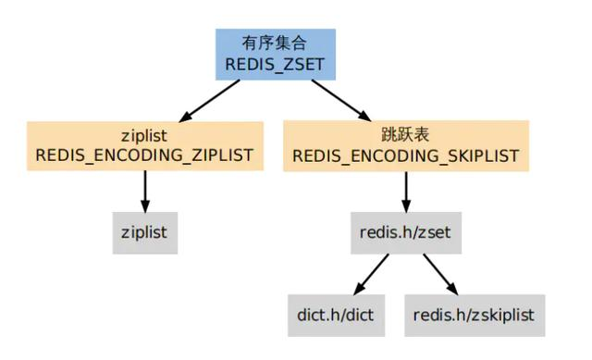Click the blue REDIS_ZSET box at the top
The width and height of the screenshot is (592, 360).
276,53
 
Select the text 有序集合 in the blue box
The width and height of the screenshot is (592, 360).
276,43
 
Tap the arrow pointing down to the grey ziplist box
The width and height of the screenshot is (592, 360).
144,192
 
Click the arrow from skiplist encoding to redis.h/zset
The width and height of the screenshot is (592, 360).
405,192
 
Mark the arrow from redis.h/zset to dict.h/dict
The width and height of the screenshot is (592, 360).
372,274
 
